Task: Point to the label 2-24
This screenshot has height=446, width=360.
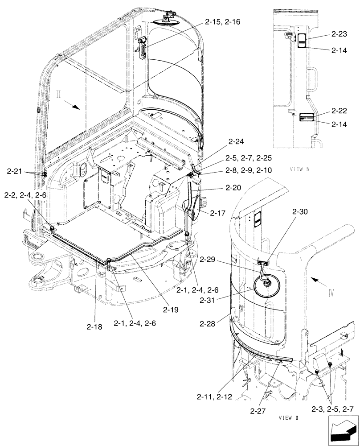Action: pos(237,142)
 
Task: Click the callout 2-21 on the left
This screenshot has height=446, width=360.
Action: pos(16,170)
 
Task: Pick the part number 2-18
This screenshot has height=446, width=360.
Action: pos(94,326)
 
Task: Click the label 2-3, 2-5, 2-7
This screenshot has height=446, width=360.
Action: pos(333,408)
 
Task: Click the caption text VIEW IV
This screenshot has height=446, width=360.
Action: pos(299,169)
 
